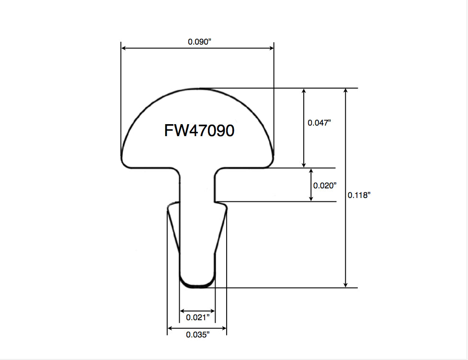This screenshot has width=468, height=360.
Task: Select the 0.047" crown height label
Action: pyautogui.click(x=320, y=123)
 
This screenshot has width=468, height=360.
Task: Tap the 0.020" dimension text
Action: pyautogui.click(x=325, y=185)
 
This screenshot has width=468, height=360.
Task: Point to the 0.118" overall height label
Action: pyautogui.click(x=359, y=195)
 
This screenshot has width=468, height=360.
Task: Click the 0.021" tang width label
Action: pyautogui.click(x=197, y=317)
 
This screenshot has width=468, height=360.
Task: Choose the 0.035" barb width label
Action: pyautogui.click(x=197, y=335)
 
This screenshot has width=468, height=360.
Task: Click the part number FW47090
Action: pyautogui.click(x=199, y=130)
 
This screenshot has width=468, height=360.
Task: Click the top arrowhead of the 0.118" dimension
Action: pyautogui.click(x=345, y=92)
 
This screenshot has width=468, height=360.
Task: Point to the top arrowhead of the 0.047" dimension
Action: pyautogui.click(x=303, y=92)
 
